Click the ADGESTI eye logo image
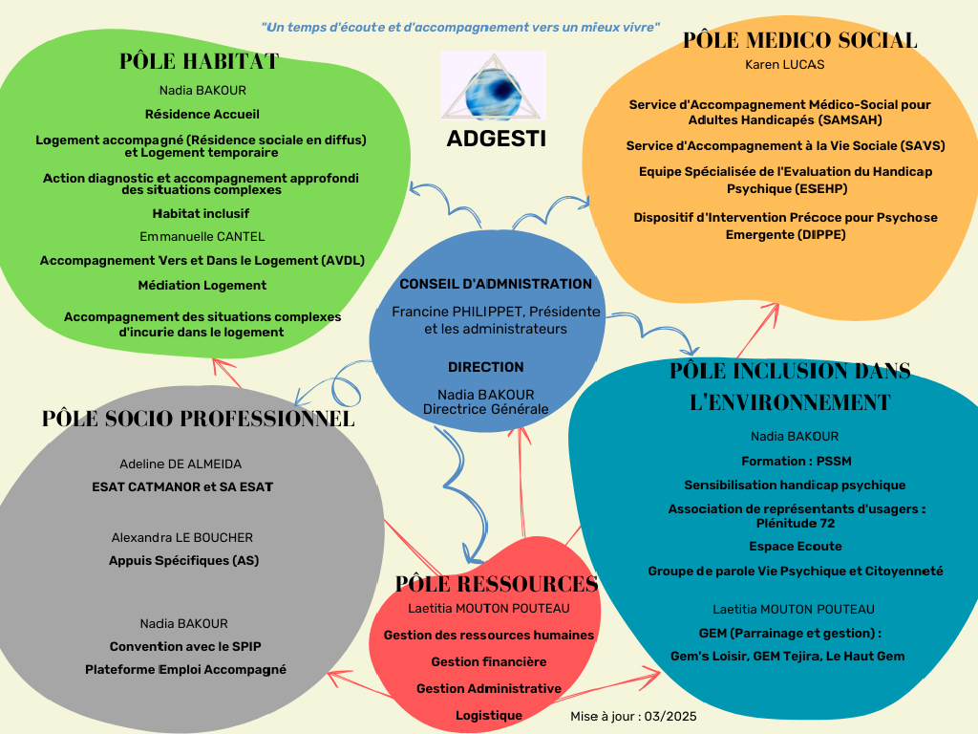pos(494,85)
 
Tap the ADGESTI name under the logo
pos(496,139)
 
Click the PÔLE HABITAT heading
pos(199,61)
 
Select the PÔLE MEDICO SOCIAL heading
pos(799,40)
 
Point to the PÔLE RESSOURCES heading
pos(497,584)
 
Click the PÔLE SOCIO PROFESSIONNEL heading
pos(199,419)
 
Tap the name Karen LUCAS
pos(785,64)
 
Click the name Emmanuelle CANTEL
pos(202,237)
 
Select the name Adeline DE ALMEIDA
pos(181,464)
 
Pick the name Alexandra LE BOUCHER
pos(182,537)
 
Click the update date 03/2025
pos(670,716)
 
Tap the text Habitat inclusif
pos(201,213)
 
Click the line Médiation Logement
pos(202,285)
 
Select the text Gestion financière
pos(489,661)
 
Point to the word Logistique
pos(489,715)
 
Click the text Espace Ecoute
pos(796,546)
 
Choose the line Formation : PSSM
pos(796,462)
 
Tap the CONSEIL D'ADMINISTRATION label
pos(496,284)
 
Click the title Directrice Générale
pos(486,409)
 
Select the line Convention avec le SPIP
pos(185,647)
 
